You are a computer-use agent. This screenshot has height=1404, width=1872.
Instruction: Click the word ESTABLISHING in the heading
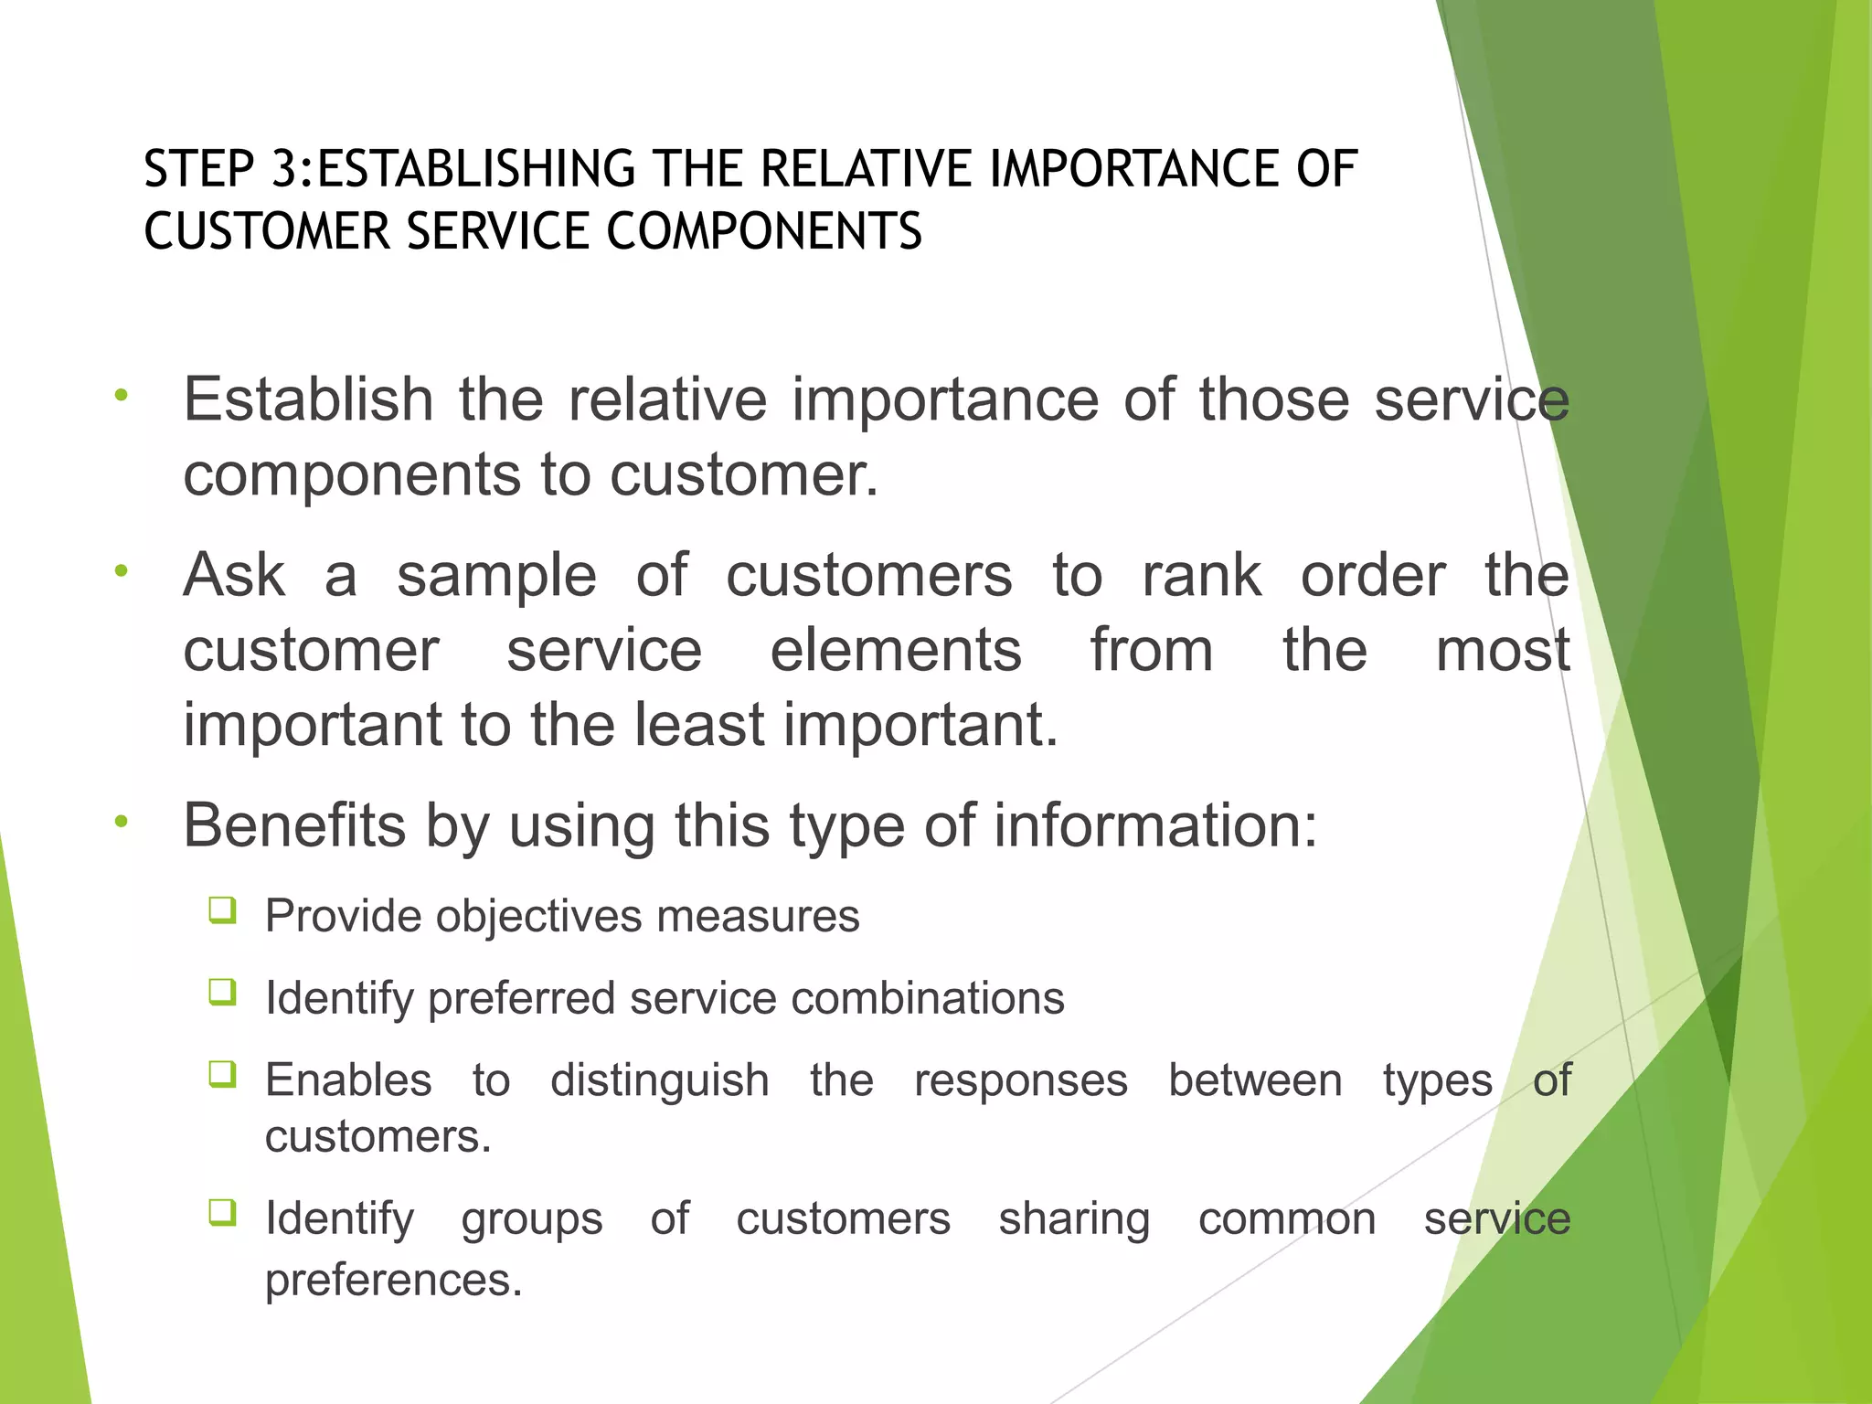coord(475,170)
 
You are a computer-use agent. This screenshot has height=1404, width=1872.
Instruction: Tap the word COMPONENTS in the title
coord(764,231)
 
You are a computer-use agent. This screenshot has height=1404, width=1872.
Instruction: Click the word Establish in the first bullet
coord(308,399)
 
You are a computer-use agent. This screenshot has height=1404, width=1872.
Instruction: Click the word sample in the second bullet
coord(496,576)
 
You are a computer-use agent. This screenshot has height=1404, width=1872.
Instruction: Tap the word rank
coord(1201,576)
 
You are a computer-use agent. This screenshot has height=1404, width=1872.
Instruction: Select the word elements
coord(896,650)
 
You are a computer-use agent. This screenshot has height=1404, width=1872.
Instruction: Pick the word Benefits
coord(293,825)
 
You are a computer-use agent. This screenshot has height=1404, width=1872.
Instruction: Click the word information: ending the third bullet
coord(1155,825)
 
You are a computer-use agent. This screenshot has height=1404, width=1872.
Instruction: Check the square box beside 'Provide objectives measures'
coord(222,910)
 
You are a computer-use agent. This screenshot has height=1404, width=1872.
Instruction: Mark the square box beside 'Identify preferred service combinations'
coord(222,992)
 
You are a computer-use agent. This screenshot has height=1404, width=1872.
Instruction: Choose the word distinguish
coord(659,1081)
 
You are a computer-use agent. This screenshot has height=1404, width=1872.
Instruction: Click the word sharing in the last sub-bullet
coord(1074,1219)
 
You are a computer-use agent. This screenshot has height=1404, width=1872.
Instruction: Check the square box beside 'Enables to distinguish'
coord(222,1074)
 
